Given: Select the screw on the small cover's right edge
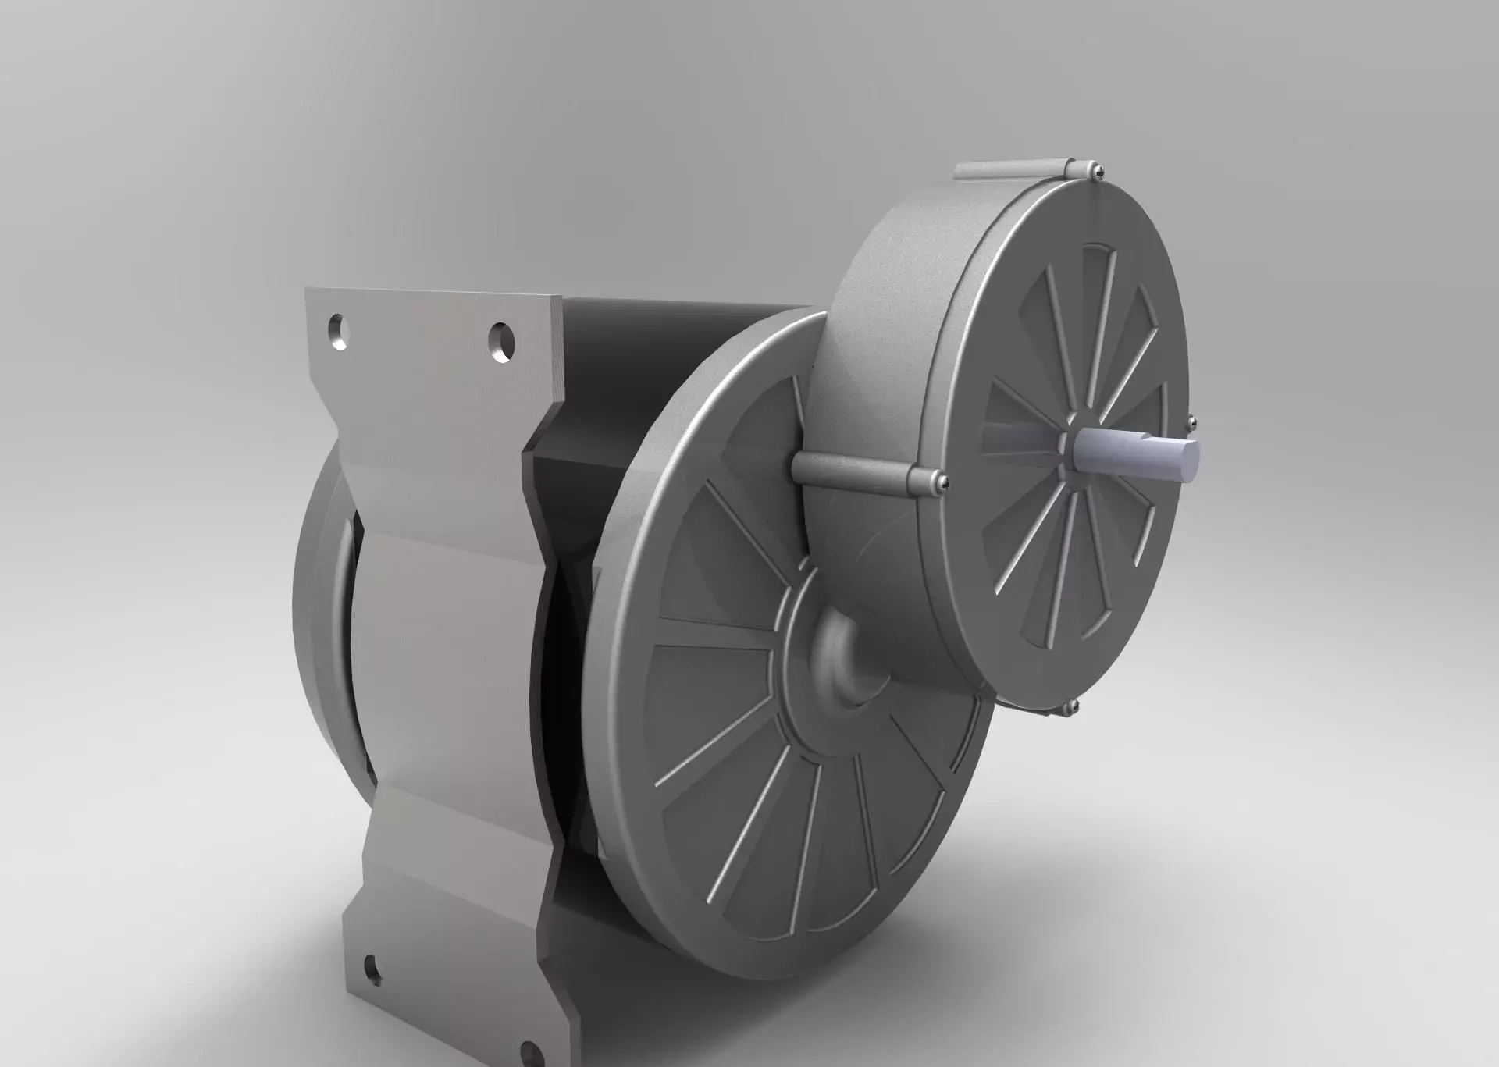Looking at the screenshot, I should [x=1191, y=423].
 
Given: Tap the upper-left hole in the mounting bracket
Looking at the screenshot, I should [x=338, y=332].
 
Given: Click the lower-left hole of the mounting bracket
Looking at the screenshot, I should [x=370, y=968].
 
